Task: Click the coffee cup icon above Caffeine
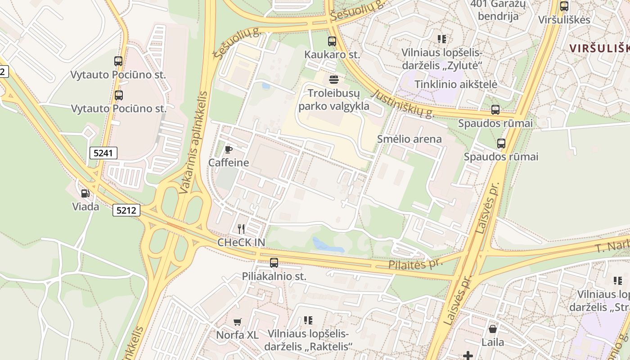(x=229, y=149)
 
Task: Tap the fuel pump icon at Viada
(x=85, y=193)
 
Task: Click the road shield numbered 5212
(x=126, y=210)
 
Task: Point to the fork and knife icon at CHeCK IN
(x=241, y=229)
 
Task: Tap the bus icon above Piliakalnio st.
(x=274, y=263)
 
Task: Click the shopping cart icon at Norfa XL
(x=238, y=322)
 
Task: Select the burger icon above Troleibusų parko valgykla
(x=334, y=80)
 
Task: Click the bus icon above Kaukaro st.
(x=332, y=41)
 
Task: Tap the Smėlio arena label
(x=409, y=139)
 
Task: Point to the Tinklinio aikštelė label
(x=455, y=84)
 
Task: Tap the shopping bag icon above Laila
(x=493, y=329)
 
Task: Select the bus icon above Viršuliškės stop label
(x=564, y=6)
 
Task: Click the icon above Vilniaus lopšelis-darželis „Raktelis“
(x=308, y=320)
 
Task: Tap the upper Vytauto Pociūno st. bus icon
(x=118, y=61)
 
